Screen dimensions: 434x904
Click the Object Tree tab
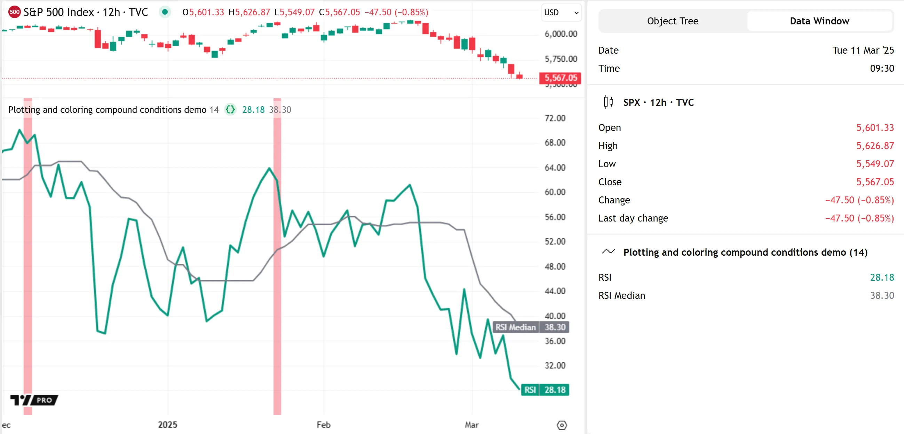pos(672,21)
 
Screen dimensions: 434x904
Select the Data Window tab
pos(819,21)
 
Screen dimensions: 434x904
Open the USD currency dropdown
pos(561,13)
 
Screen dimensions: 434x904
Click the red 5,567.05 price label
pos(560,78)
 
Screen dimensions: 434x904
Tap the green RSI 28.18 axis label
pos(545,390)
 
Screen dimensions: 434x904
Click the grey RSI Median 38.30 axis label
pos(531,327)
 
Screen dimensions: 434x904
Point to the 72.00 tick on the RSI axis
pos(555,118)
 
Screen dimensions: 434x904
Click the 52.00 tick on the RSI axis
pos(555,241)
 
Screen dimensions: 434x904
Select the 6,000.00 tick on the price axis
pos(561,34)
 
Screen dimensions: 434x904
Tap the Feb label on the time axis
pos(323,425)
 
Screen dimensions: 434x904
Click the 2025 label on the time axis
pos(167,425)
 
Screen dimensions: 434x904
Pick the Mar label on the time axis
pos(471,425)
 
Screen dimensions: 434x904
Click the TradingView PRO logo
pos(34,400)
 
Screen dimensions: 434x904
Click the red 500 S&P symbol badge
pos(14,12)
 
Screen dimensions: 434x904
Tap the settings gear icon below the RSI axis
pos(562,425)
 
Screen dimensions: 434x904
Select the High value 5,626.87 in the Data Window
pos(875,146)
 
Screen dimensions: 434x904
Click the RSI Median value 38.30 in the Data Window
pos(881,295)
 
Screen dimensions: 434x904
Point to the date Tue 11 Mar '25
pos(863,50)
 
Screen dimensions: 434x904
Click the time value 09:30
pos(881,68)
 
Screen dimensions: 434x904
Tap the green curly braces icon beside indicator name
pos(230,110)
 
